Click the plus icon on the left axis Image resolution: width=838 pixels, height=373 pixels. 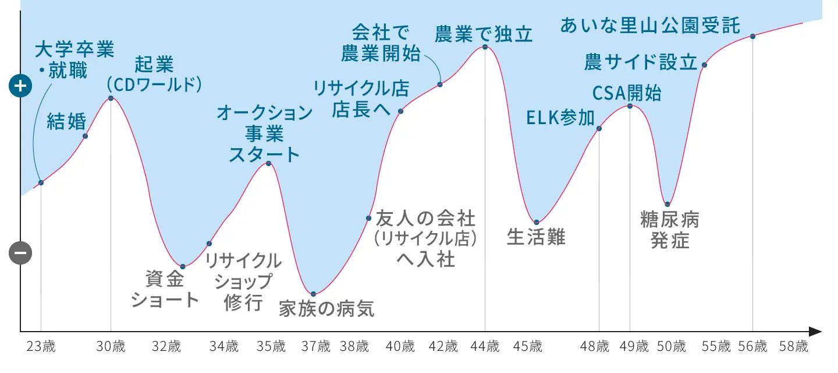[20, 86]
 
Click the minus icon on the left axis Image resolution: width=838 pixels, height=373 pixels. [20, 253]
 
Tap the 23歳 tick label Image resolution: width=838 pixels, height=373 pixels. [41, 346]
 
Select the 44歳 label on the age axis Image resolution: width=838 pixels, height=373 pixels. [485, 346]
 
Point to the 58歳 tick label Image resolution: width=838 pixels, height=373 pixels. [794, 346]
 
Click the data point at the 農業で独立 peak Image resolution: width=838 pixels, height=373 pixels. [485, 47]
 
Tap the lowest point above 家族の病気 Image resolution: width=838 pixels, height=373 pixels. [314, 294]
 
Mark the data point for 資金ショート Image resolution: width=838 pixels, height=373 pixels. [183, 266]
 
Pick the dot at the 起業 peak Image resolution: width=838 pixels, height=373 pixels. [111, 98]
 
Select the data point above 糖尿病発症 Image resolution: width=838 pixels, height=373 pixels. [667, 204]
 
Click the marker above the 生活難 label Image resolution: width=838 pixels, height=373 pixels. [537, 222]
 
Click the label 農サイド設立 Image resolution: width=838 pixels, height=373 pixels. [641, 62]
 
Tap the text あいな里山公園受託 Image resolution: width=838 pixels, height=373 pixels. [650, 26]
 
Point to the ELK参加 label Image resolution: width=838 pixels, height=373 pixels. [560, 118]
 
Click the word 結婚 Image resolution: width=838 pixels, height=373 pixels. [66, 121]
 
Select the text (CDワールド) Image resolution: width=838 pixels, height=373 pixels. [154, 84]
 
